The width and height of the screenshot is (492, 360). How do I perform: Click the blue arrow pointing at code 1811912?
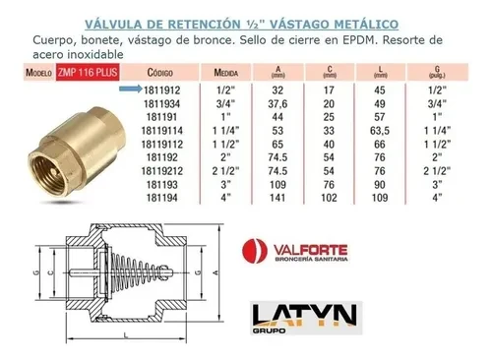point(131,89)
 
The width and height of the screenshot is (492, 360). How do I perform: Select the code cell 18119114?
point(162,131)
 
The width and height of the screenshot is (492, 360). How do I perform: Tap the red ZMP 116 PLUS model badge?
point(88,72)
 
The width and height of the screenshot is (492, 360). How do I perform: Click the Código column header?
point(160,73)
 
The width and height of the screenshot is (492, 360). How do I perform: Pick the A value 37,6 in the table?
point(277,104)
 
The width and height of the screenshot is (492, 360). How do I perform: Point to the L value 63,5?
point(380,131)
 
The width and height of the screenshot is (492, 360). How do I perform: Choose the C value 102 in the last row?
point(329,198)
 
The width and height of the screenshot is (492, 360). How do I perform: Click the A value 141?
point(277,198)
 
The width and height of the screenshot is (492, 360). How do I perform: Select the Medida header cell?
point(226,73)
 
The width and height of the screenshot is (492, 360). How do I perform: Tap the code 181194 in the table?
point(162,198)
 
